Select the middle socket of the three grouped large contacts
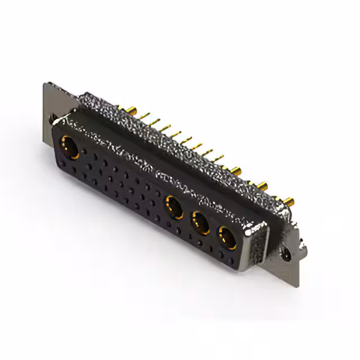tap(200, 222)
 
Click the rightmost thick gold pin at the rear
tap(290, 200)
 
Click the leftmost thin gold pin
tap(147, 115)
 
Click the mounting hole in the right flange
tap(288, 254)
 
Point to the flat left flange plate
tap(49, 101)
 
